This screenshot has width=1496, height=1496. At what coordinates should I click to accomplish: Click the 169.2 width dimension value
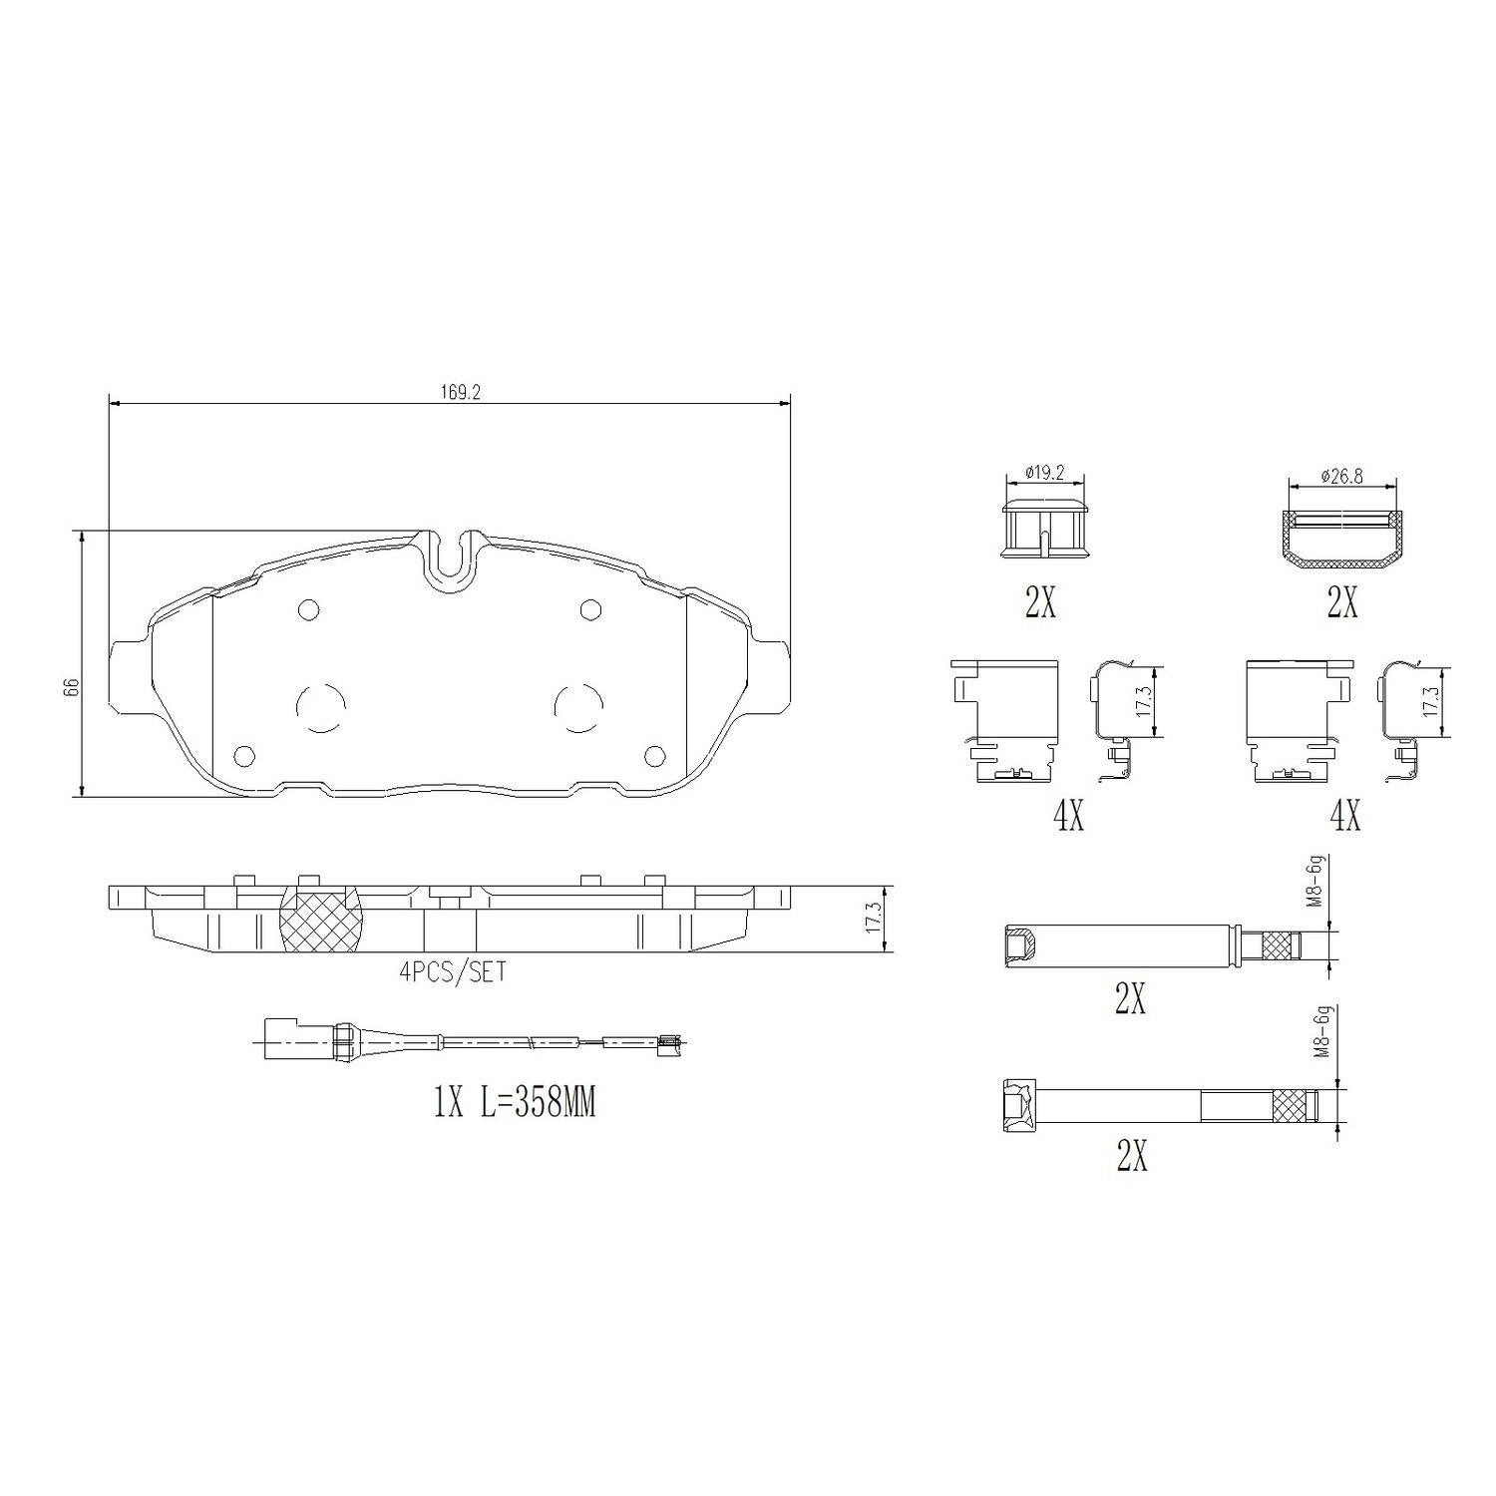462,393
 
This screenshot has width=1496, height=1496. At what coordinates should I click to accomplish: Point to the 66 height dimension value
70,687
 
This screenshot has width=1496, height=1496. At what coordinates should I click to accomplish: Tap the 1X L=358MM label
515,1104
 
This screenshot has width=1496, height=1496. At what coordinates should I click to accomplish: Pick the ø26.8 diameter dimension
1342,477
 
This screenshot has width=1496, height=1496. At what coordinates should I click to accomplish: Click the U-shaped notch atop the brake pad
450,559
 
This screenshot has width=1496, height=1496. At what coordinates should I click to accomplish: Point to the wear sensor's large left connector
286,1042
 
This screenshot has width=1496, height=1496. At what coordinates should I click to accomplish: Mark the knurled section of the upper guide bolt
1281,945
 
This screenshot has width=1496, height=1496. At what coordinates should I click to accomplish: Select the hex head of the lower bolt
1018,1107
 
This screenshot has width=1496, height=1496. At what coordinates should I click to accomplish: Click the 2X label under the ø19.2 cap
1040,602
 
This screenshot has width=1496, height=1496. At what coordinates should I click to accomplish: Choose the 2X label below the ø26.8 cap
1341,602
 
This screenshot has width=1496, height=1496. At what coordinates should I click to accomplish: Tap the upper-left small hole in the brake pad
307,609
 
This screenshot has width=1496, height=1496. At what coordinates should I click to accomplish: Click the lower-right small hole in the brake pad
654,756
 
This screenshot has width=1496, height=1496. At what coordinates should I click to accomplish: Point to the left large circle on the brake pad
321,706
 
